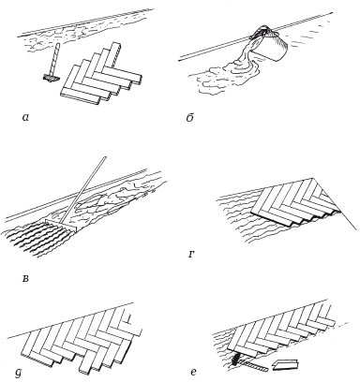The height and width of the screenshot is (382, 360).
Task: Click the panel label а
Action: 26,117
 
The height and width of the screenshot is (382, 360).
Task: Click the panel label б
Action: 189,117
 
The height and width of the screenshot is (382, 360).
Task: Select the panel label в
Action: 25,278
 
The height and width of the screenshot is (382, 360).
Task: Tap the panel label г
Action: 192,255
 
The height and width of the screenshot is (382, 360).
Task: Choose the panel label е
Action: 193,372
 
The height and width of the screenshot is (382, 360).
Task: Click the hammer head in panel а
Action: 50,78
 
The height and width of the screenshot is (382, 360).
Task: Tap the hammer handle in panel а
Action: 54,59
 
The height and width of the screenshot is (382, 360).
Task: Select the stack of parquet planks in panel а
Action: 101,74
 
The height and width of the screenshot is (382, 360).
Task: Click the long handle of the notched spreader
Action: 85,191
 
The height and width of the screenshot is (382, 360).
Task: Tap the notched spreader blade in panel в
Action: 61,226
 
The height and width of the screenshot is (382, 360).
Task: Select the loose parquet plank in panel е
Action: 286,364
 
